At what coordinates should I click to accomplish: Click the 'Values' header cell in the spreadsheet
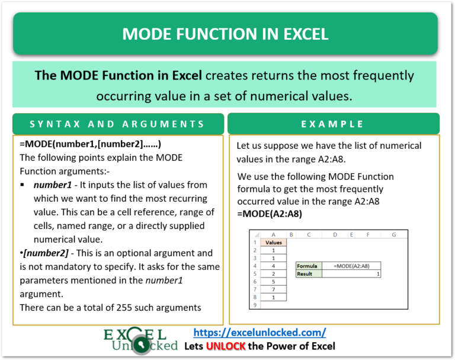pos(273,242)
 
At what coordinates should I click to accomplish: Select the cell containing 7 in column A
pos(273,289)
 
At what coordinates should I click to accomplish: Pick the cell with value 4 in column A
pos(273,266)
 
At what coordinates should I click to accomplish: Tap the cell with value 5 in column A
pos(273,281)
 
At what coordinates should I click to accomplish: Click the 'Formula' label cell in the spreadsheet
pos(308,266)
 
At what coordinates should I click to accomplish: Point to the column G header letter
pos(393,234)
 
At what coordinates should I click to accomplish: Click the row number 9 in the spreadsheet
pos(255,304)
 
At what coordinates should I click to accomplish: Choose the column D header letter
pos(335,234)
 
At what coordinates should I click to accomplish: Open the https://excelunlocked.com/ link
pos(259,333)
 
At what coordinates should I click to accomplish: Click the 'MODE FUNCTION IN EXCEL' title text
pos(225,34)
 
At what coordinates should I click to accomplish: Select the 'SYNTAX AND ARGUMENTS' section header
pos(117,124)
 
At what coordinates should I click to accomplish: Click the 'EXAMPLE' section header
pos(332,124)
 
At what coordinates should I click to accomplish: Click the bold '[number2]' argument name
pos(42,253)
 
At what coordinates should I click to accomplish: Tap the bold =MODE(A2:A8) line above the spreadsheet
pos(269,214)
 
